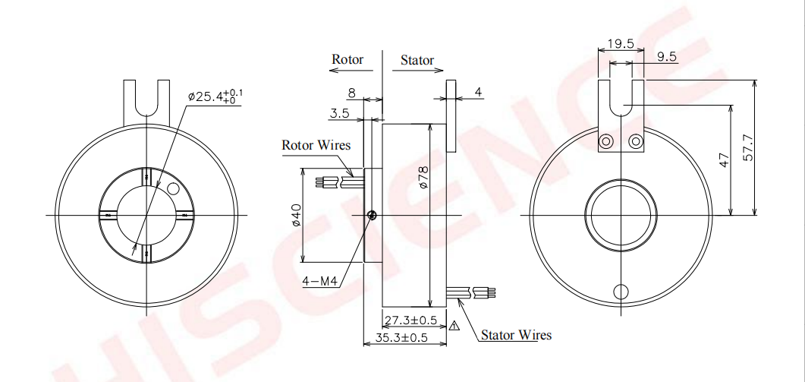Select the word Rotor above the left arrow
347,59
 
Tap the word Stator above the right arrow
417,60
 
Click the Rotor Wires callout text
314,144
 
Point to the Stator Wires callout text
516,335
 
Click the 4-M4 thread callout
319,280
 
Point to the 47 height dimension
723,159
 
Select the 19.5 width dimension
621,44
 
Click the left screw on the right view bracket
607,142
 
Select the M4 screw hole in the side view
372,216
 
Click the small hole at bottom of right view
621,292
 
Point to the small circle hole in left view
172,187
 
